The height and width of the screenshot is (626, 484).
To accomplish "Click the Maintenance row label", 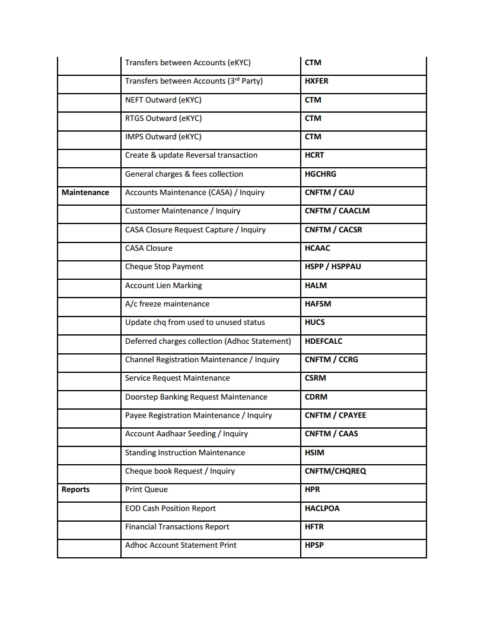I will tap(85, 193).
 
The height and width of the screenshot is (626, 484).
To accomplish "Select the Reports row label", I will tap(75, 490).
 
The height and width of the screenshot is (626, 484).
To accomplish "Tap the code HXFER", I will tap(316, 81).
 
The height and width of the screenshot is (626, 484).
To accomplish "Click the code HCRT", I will tap(314, 155).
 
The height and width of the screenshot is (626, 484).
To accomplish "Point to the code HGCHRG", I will tap(320, 174).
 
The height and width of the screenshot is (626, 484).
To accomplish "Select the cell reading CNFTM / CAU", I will tap(329, 193).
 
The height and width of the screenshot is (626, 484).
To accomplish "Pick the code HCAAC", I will tap(317, 248).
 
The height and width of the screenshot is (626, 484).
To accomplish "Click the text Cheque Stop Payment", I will tap(164, 267).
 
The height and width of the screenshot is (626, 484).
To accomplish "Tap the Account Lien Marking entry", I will tap(163, 286).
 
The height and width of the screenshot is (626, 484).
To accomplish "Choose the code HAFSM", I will tap(318, 304).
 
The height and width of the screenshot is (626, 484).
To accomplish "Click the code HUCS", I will tap(315, 322).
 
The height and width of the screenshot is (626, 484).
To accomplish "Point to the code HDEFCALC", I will tap(323, 341).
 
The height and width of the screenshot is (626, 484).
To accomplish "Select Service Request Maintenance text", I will tap(177, 378).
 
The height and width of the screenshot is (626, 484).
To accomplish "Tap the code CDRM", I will tap(316, 397).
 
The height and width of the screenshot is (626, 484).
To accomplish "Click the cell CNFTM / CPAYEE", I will tap(335, 416).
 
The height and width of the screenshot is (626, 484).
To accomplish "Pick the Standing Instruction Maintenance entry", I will tap(185, 453).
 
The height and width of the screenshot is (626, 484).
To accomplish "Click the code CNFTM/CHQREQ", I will tap(335, 471).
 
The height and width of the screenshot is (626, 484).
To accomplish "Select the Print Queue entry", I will tap(147, 490).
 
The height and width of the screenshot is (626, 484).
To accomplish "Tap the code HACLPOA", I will tap(322, 509).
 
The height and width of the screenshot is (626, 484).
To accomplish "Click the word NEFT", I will tap(134, 100).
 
